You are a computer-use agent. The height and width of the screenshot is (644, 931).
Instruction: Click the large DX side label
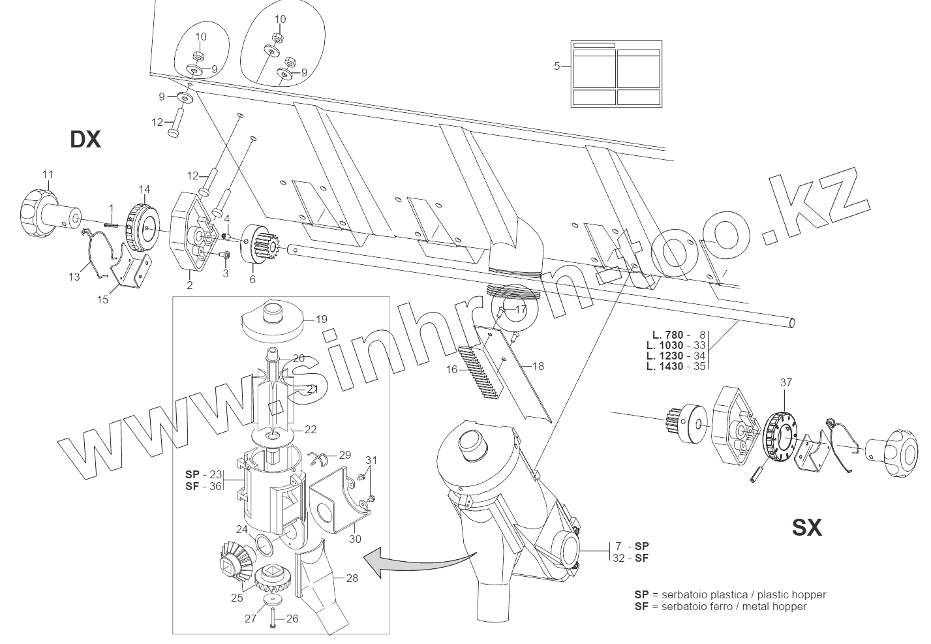click(x=85, y=139)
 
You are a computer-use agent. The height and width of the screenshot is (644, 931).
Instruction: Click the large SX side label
click(x=807, y=527)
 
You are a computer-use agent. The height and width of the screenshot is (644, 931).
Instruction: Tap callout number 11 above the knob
click(x=48, y=174)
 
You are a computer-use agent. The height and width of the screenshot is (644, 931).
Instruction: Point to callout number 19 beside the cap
click(x=321, y=320)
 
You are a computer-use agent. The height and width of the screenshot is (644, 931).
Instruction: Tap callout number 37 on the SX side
click(x=786, y=383)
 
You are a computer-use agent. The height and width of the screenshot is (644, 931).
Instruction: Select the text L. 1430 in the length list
click(x=665, y=367)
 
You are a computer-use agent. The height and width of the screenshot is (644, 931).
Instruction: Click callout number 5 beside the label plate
click(x=557, y=66)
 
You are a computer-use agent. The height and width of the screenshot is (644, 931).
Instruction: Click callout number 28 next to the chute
click(x=352, y=577)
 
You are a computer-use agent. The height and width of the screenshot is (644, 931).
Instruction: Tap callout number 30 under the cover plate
click(x=355, y=539)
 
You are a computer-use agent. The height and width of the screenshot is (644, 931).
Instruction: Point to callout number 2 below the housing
click(x=189, y=285)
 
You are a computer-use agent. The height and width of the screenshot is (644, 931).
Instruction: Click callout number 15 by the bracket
click(x=103, y=299)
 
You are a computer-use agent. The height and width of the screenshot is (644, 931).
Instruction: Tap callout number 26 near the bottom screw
click(x=292, y=619)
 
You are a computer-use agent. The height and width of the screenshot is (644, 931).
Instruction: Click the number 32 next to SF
click(x=619, y=558)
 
